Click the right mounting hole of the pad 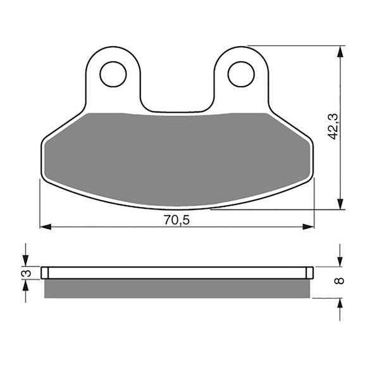[x=240, y=73]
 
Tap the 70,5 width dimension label [x=177, y=220]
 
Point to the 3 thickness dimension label [x=26, y=273]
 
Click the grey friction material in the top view [x=177, y=158]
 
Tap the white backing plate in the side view [x=177, y=273]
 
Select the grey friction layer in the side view [x=177, y=288]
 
